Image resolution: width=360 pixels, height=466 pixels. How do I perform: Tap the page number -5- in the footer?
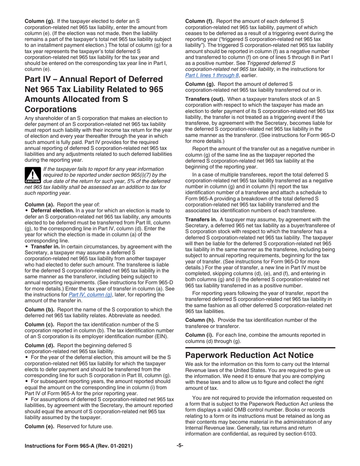click(x=180, y=446)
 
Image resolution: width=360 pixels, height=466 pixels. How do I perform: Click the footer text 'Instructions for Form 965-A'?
click(x=78, y=446)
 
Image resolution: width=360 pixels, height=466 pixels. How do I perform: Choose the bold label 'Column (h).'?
click(x=199, y=320)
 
